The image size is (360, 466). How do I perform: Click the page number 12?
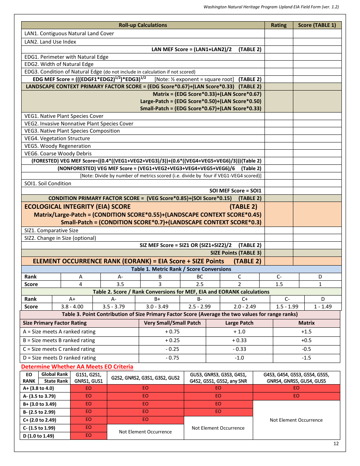click(x=336, y=444)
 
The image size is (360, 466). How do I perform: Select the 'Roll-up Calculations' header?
click(x=143, y=25)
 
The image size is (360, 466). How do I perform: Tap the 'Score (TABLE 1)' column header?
click(x=317, y=25)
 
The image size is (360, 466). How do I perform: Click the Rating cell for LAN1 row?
click(x=279, y=33)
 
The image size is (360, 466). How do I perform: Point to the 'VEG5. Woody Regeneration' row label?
click(x=58, y=146)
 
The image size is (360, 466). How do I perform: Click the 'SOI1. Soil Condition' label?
click(x=48, y=183)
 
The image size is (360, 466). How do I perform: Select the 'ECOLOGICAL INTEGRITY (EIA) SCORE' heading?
click(x=77, y=206)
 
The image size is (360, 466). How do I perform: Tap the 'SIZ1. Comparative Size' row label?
click(x=51, y=230)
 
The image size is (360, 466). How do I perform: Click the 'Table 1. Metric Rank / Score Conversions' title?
click(x=181, y=269)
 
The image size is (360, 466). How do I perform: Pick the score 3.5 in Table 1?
click(x=121, y=284)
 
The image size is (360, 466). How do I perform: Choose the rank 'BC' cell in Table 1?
click(x=200, y=277)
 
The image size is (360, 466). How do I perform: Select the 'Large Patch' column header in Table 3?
click(x=239, y=323)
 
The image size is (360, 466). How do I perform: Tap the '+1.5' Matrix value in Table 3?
click(x=306, y=332)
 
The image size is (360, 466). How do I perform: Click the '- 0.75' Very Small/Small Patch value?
click(x=172, y=358)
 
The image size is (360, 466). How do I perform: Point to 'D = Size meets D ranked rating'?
click(x=59, y=358)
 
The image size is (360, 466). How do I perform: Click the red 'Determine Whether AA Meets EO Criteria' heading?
click(x=77, y=366)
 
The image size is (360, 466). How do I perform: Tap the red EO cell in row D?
click(x=88, y=436)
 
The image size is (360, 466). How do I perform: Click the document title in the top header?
click(x=271, y=7)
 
